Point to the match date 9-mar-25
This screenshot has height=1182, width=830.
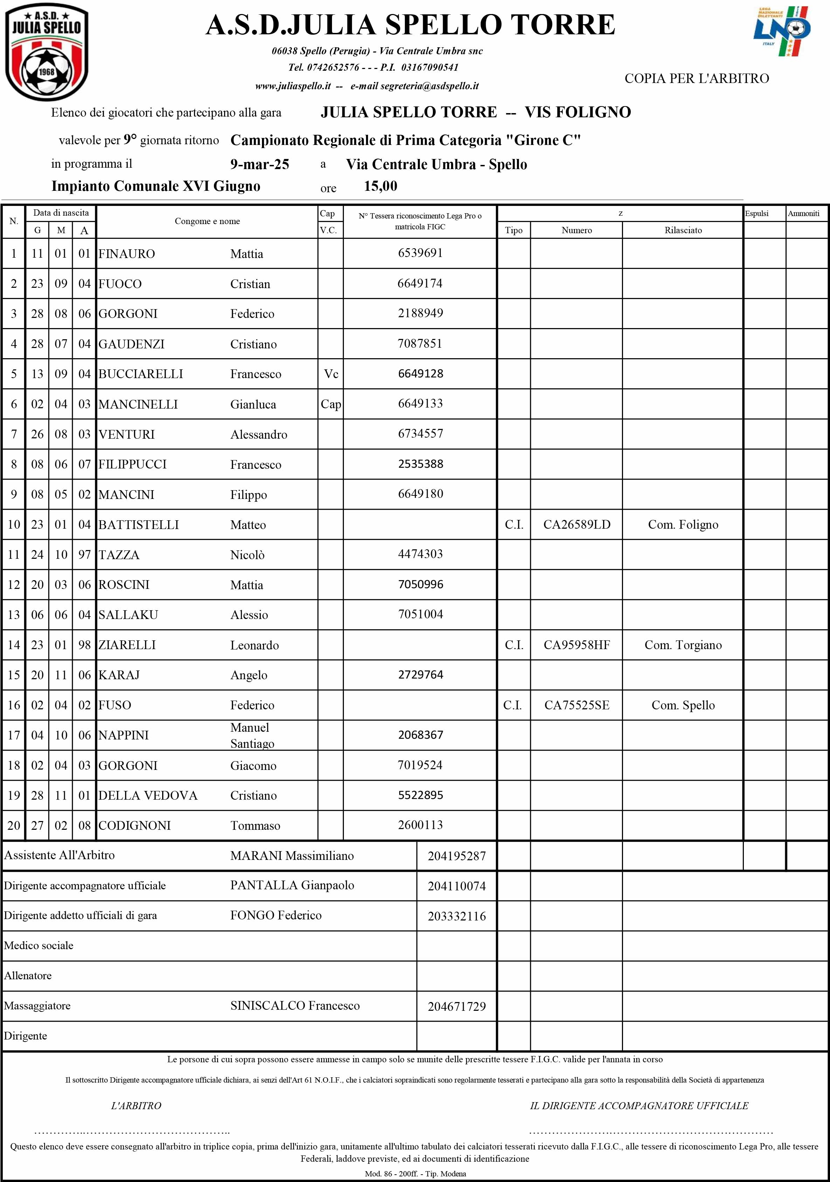pyautogui.click(x=260, y=164)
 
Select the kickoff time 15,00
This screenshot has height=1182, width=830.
pyautogui.click(x=380, y=186)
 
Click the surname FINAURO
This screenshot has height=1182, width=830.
pyautogui.click(x=127, y=254)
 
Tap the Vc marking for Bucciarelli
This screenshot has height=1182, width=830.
pyautogui.click(x=331, y=374)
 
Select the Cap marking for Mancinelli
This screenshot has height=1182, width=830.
pyautogui.click(x=331, y=404)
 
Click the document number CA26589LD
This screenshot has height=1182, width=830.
pyautogui.click(x=577, y=524)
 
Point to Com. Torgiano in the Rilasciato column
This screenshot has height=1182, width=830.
pyautogui.click(x=683, y=645)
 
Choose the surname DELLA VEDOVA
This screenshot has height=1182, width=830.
pyautogui.click(x=148, y=795)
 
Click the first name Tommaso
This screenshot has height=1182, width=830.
pyautogui.click(x=255, y=826)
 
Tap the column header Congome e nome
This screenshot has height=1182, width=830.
pyautogui.click(x=207, y=221)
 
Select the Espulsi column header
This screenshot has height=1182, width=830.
pyautogui.click(x=756, y=214)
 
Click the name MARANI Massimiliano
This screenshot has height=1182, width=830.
pyautogui.click(x=292, y=856)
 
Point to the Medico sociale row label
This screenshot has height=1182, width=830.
pyautogui.click(x=39, y=946)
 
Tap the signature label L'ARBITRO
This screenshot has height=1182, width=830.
pyautogui.click(x=136, y=1106)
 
